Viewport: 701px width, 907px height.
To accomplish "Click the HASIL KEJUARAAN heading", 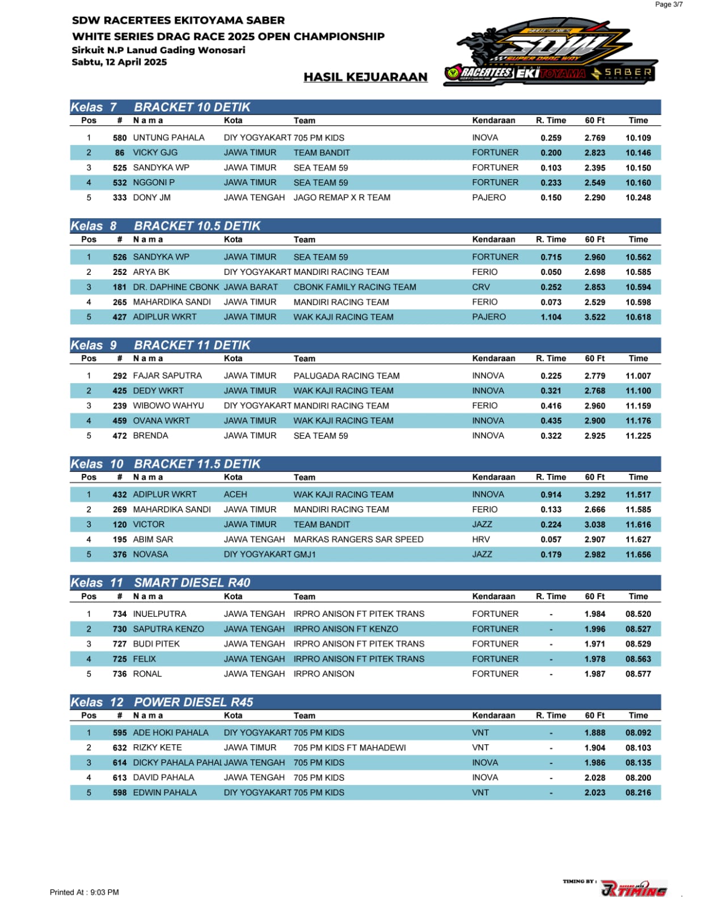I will (x=365, y=77).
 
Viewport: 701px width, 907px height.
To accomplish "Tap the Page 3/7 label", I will (x=669, y=5).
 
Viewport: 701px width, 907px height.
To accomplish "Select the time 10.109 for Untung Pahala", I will (x=638, y=138).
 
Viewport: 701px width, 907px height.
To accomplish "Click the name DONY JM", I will (x=151, y=198).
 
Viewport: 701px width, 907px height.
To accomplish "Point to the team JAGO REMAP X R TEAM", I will (x=341, y=198).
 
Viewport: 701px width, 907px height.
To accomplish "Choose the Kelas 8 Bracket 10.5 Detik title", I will (x=165, y=226).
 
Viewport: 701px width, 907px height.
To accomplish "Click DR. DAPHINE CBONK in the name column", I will (x=176, y=287).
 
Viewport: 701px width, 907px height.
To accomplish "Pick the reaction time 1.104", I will (x=551, y=317).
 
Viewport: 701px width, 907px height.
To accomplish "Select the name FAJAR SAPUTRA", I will (x=167, y=376).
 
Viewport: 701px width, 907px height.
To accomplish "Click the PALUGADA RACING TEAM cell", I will (x=347, y=376).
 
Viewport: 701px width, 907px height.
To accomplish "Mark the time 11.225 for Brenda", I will (x=638, y=436).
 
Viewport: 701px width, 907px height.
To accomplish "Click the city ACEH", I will (x=235, y=494).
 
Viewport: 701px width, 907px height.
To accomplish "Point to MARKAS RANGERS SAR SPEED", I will (x=358, y=540).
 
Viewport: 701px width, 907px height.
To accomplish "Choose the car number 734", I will (x=120, y=614).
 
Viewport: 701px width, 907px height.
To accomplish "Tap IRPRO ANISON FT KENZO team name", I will (x=345, y=629).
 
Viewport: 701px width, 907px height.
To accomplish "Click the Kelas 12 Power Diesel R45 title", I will (x=162, y=702).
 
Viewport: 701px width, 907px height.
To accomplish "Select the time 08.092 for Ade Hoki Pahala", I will (x=638, y=733).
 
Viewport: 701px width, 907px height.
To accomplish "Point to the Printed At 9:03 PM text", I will (x=85, y=892).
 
